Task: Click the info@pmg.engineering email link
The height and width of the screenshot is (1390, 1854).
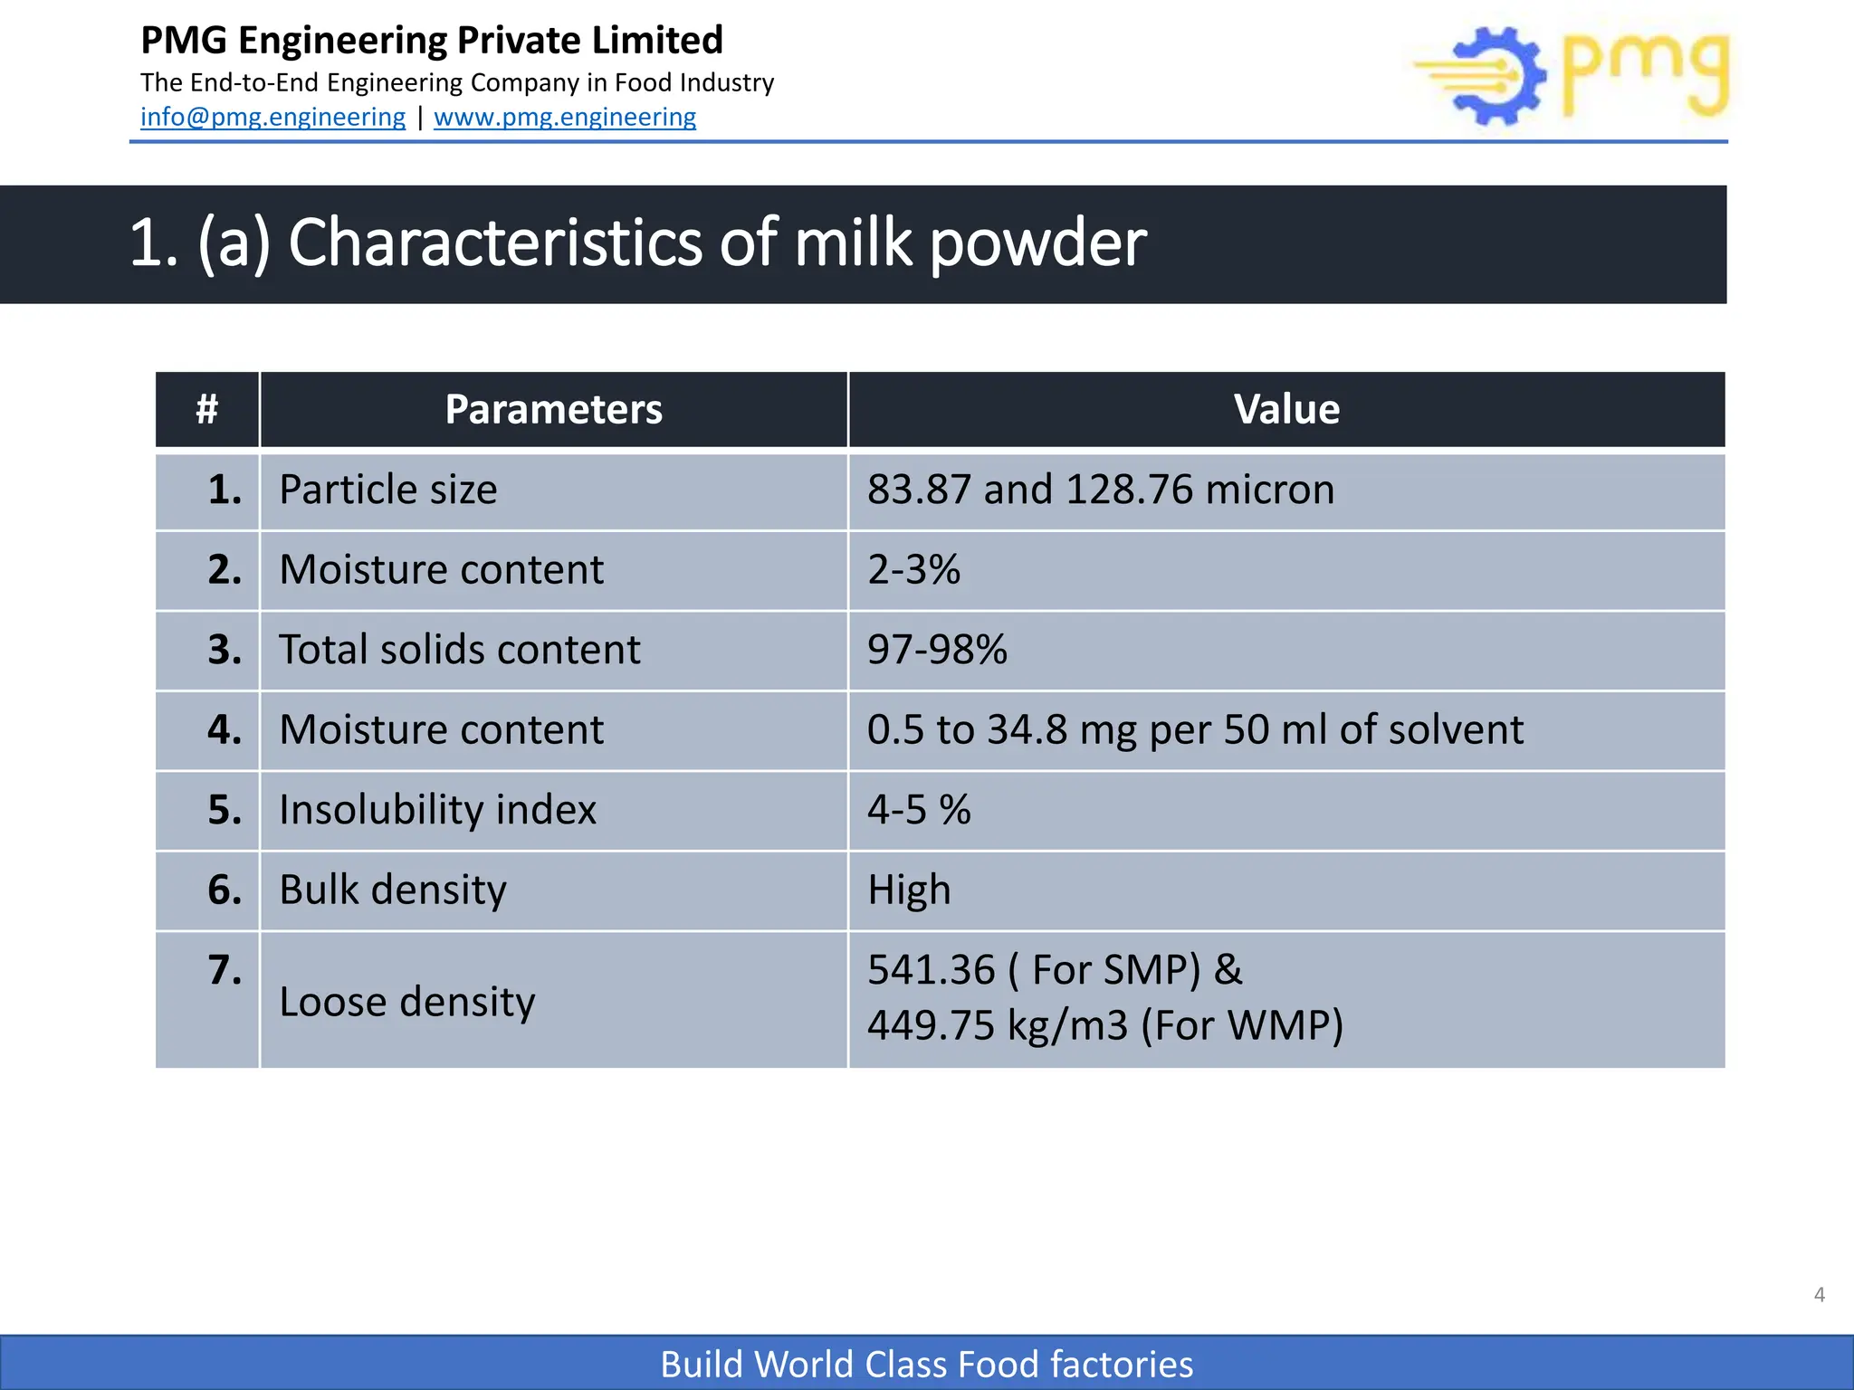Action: click(x=272, y=117)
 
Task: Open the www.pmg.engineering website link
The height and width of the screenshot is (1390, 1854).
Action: click(x=565, y=117)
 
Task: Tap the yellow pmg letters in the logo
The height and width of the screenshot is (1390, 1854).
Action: click(x=1646, y=72)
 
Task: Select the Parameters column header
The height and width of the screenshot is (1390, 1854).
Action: click(x=553, y=409)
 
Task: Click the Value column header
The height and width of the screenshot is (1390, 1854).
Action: click(x=1286, y=409)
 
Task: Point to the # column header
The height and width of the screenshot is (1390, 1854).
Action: click(x=207, y=409)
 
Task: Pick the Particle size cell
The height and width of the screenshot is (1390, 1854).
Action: click(x=388, y=490)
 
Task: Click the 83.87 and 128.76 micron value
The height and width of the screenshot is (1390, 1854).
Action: click(x=1100, y=490)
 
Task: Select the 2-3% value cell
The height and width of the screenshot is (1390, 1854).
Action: click(x=913, y=570)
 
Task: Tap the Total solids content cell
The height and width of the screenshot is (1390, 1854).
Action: click(x=459, y=650)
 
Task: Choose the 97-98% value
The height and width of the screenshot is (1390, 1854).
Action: click(x=937, y=650)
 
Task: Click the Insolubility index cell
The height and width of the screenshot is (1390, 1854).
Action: click(x=437, y=810)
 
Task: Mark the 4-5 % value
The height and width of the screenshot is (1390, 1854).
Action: click(x=918, y=810)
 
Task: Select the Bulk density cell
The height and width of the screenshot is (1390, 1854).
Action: click(x=393, y=890)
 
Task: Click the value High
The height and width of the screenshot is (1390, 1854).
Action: click(x=909, y=890)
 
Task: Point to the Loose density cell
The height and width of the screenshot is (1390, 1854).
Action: click(x=407, y=1002)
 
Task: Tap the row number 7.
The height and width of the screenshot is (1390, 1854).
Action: click(x=225, y=970)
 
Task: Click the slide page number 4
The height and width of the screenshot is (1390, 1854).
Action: click(x=1819, y=1295)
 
